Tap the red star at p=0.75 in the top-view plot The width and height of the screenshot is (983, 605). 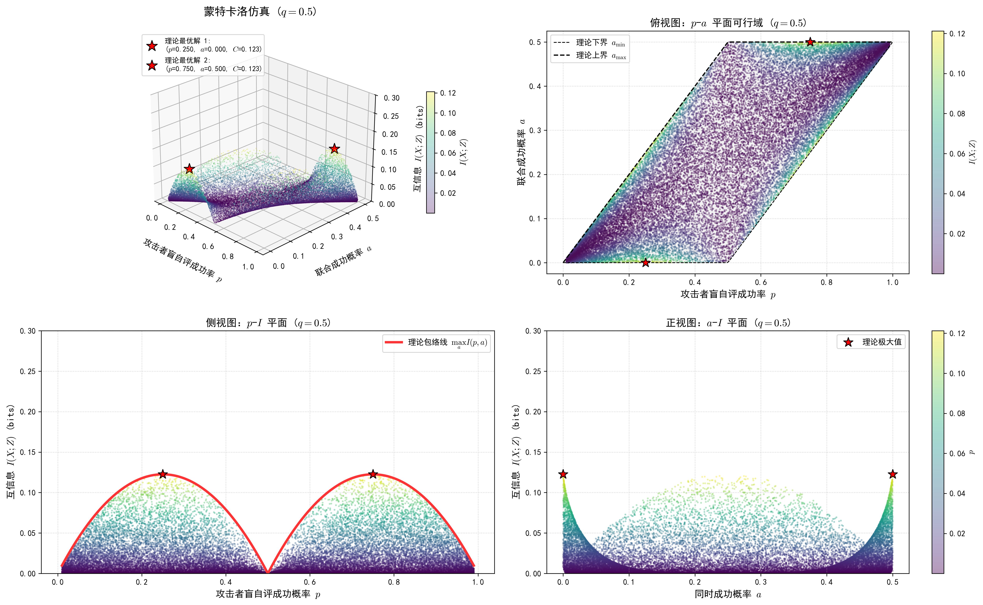(810, 42)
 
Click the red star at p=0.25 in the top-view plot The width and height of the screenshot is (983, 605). (645, 262)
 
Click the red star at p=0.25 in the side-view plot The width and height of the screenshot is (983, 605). (162, 474)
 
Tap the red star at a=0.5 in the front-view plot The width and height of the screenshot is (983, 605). (892, 474)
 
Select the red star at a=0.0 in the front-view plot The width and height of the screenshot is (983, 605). (563, 474)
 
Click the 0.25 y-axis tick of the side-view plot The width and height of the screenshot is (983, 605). (28, 371)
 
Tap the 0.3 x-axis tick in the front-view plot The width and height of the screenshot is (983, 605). (761, 582)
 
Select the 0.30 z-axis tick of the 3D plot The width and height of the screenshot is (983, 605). (391, 98)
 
